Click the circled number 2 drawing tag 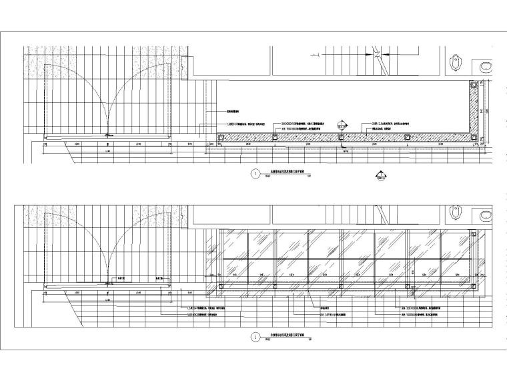point(253,338)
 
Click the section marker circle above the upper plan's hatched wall point(342,124)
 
